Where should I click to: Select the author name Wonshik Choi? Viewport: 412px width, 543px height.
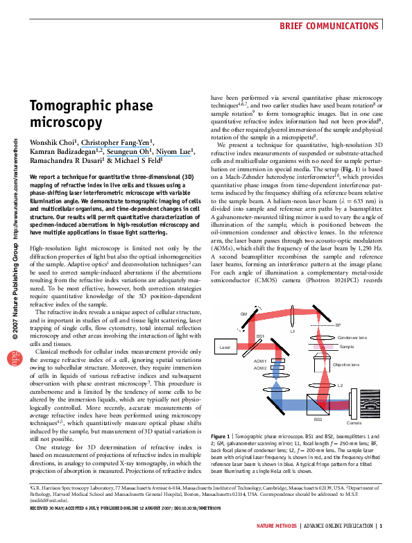tap(51, 144)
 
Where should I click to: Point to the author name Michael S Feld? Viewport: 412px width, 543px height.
tap(141, 159)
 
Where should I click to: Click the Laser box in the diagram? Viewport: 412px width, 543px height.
tap(225, 345)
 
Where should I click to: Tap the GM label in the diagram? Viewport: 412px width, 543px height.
tap(244, 314)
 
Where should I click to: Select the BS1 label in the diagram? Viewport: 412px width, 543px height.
tap(259, 336)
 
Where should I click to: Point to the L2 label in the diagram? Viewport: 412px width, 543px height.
tap(340, 384)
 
